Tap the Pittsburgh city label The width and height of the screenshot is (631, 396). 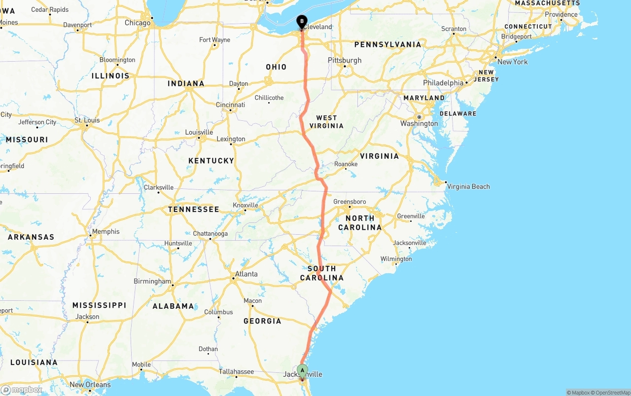click(345, 60)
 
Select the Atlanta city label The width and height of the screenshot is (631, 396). click(246, 274)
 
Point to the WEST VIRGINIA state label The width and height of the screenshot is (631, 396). click(326, 122)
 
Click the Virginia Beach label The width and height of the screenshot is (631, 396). click(468, 186)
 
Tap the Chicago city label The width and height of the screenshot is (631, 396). click(138, 23)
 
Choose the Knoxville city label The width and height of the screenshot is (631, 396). click(245, 205)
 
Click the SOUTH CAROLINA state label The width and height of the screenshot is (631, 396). click(322, 273)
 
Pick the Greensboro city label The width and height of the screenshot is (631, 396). click(350, 202)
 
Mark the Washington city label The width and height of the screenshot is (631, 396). click(419, 123)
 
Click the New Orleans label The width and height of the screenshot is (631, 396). click(90, 385)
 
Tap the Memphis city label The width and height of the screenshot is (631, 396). click(105, 231)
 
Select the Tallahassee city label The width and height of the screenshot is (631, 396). click(236, 372)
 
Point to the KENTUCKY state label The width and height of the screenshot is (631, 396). click(211, 161)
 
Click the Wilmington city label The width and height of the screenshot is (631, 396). click(396, 259)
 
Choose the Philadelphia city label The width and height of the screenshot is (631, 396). click(443, 83)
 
